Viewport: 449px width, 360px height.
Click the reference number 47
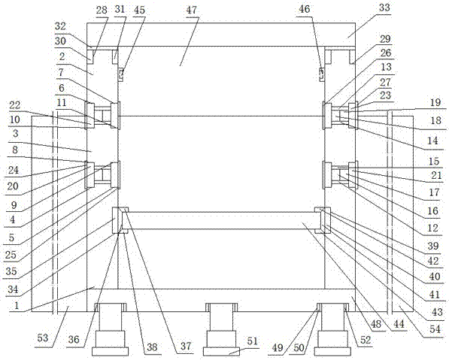191,10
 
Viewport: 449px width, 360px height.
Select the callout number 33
384,8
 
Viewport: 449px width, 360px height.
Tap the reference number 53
43,338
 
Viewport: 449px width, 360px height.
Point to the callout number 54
435,329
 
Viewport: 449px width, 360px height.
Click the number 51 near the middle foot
252,341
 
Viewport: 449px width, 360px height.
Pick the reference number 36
74,340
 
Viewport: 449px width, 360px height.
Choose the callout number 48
376,324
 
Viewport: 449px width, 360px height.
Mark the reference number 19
435,102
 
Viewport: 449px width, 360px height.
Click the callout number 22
15,105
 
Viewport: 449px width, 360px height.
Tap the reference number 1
17,305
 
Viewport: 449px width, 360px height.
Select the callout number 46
304,9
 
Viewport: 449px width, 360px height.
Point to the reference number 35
11,271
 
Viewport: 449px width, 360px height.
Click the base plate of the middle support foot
221,352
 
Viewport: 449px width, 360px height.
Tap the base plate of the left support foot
110,352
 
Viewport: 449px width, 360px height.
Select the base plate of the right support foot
332,352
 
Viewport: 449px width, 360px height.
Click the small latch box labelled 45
121,74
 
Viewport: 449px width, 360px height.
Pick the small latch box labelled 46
322,74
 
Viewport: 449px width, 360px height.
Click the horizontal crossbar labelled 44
221,220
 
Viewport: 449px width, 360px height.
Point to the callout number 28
102,11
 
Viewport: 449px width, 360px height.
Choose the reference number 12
433,228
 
